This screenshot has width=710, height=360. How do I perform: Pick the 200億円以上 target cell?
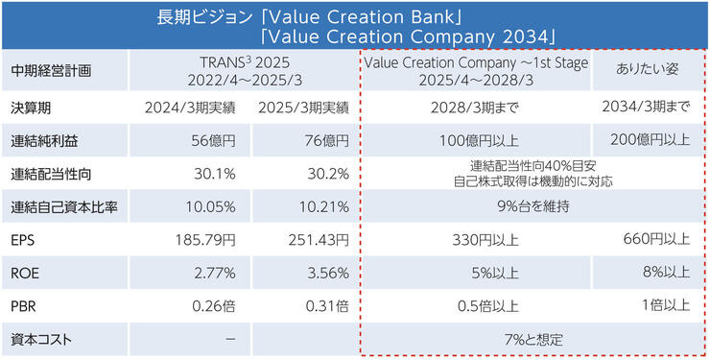(650, 140)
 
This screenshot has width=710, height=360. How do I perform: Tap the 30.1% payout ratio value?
(214, 174)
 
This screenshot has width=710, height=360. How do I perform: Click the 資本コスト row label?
(41, 339)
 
